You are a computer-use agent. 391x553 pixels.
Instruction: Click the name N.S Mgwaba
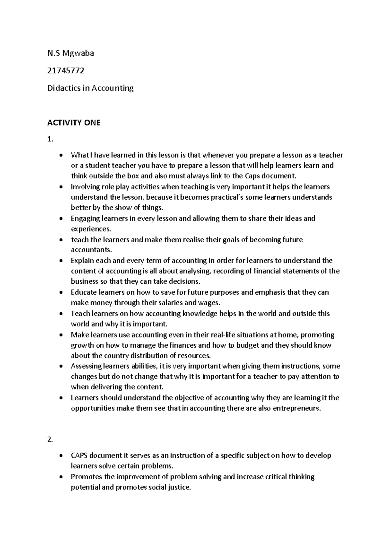(70, 53)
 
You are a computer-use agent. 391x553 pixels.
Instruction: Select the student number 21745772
(66, 70)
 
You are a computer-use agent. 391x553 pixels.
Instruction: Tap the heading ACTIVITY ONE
(74, 123)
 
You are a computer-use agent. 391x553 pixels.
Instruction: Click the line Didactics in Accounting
(90, 88)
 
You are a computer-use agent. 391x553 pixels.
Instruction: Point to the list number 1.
(50, 140)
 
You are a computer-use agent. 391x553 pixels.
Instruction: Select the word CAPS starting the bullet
(79, 456)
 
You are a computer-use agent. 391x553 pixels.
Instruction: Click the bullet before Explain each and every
(61, 261)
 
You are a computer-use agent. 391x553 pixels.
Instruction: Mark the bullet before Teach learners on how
(61, 314)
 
